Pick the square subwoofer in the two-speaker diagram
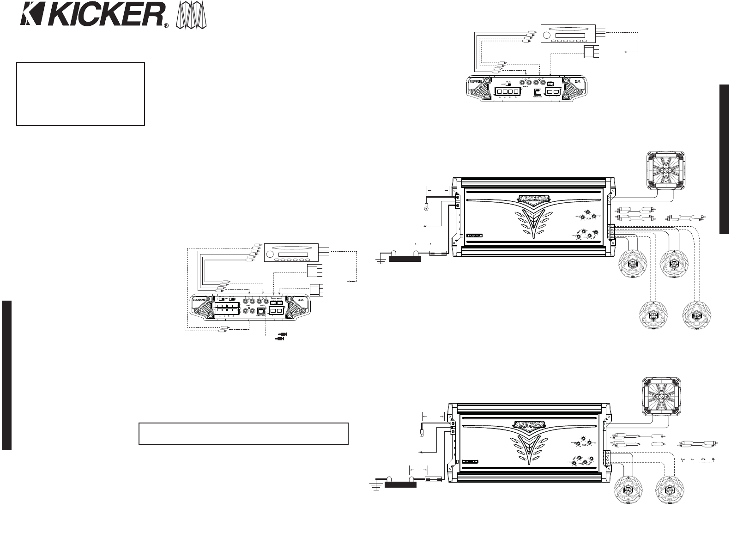pos(661,396)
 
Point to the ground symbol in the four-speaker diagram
pos(380,259)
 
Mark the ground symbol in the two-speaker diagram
pos(376,486)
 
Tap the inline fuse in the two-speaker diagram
pos(435,480)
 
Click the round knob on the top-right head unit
pos(548,35)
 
